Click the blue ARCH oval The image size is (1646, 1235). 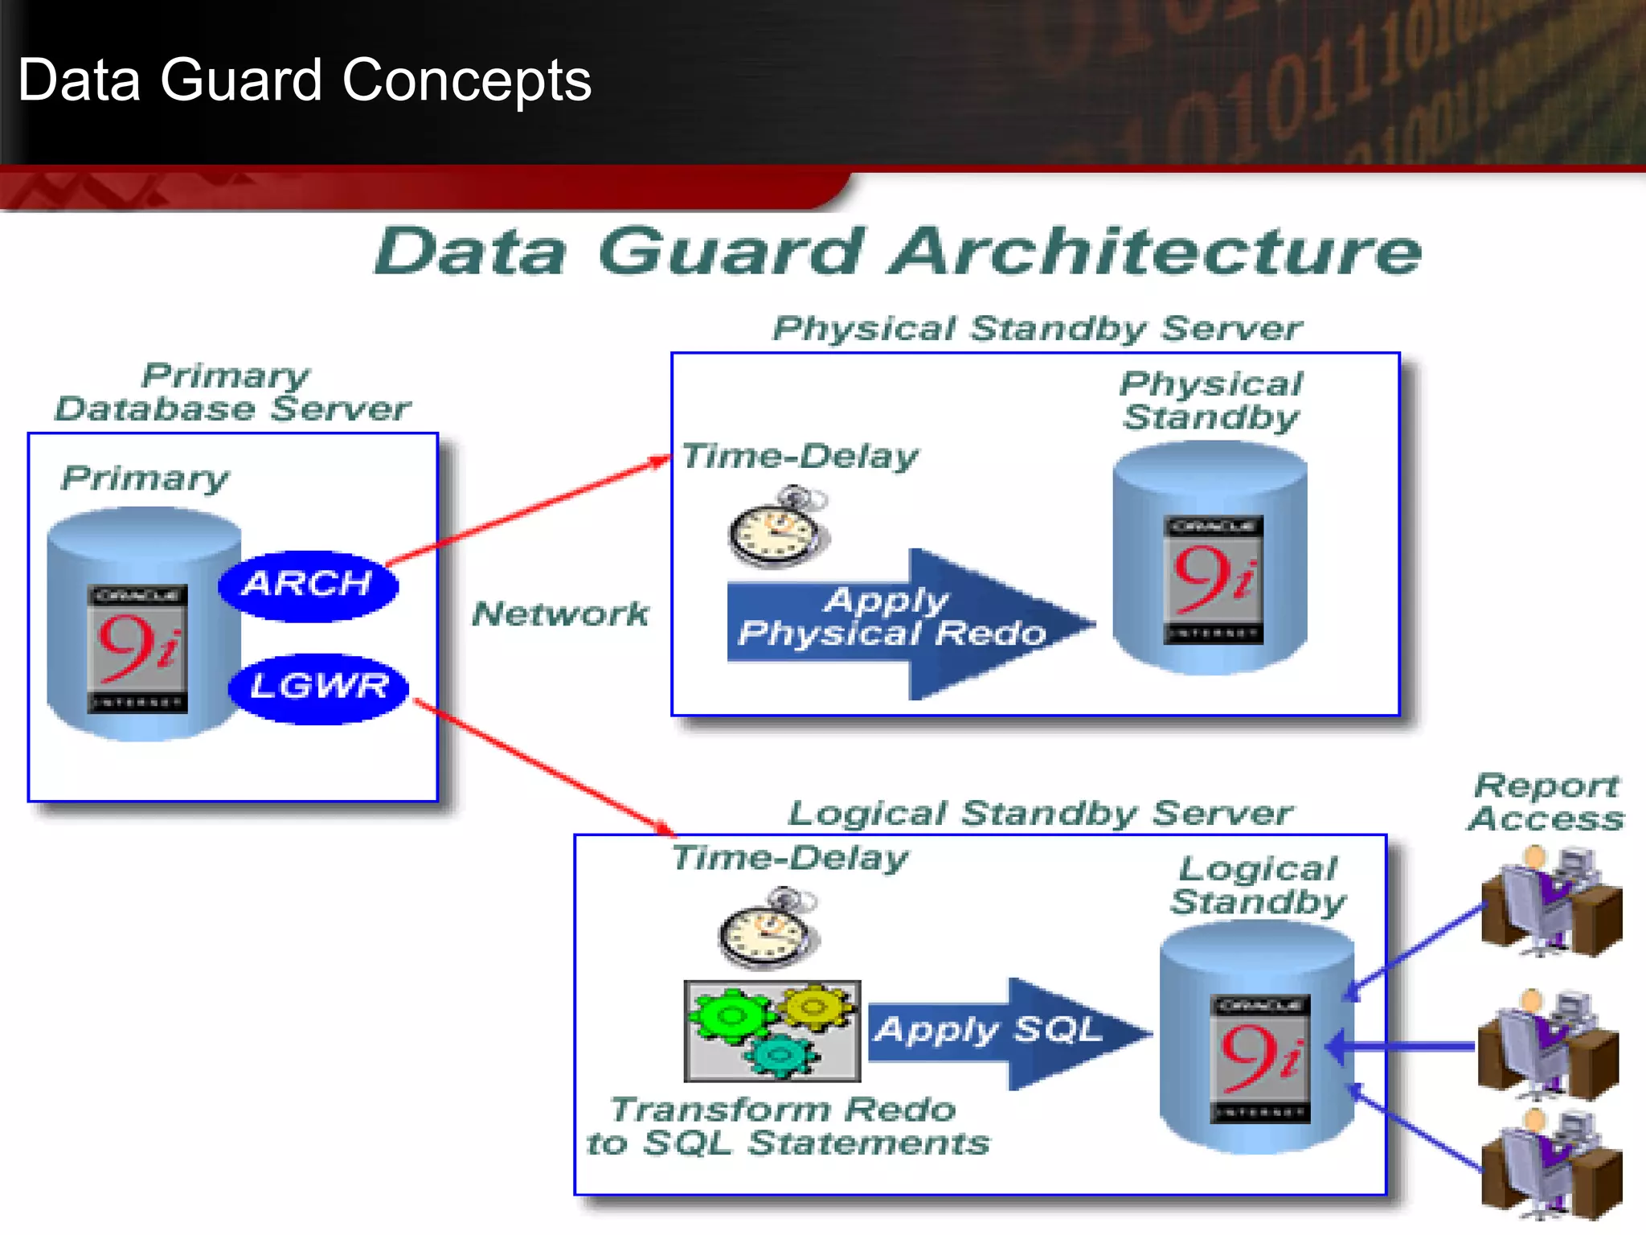tap(308, 585)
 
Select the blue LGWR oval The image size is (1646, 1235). tap(319, 688)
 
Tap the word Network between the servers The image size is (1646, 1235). tap(560, 614)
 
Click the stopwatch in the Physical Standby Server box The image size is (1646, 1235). tap(778, 528)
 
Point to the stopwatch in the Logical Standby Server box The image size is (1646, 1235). tap(768, 929)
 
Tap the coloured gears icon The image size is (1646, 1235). tap(772, 1031)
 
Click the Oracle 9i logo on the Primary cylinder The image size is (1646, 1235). tap(137, 648)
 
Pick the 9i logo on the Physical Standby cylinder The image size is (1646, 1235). tap(1214, 579)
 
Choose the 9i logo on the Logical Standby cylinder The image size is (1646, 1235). tap(1260, 1058)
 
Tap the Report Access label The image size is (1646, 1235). tap(1546, 802)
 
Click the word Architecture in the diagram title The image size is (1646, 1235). tap(1157, 252)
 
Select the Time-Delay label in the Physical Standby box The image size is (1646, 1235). tap(799, 457)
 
